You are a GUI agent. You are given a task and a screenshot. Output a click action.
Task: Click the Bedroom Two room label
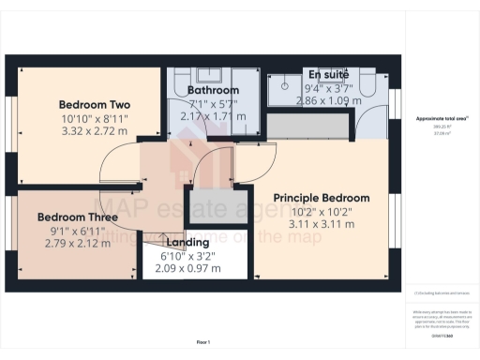[x=94, y=104]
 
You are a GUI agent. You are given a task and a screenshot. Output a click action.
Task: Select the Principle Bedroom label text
[x=321, y=198]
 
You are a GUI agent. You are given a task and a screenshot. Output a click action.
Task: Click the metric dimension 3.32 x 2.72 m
[x=94, y=133]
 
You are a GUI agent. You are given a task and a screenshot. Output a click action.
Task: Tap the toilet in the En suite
[x=370, y=87]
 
